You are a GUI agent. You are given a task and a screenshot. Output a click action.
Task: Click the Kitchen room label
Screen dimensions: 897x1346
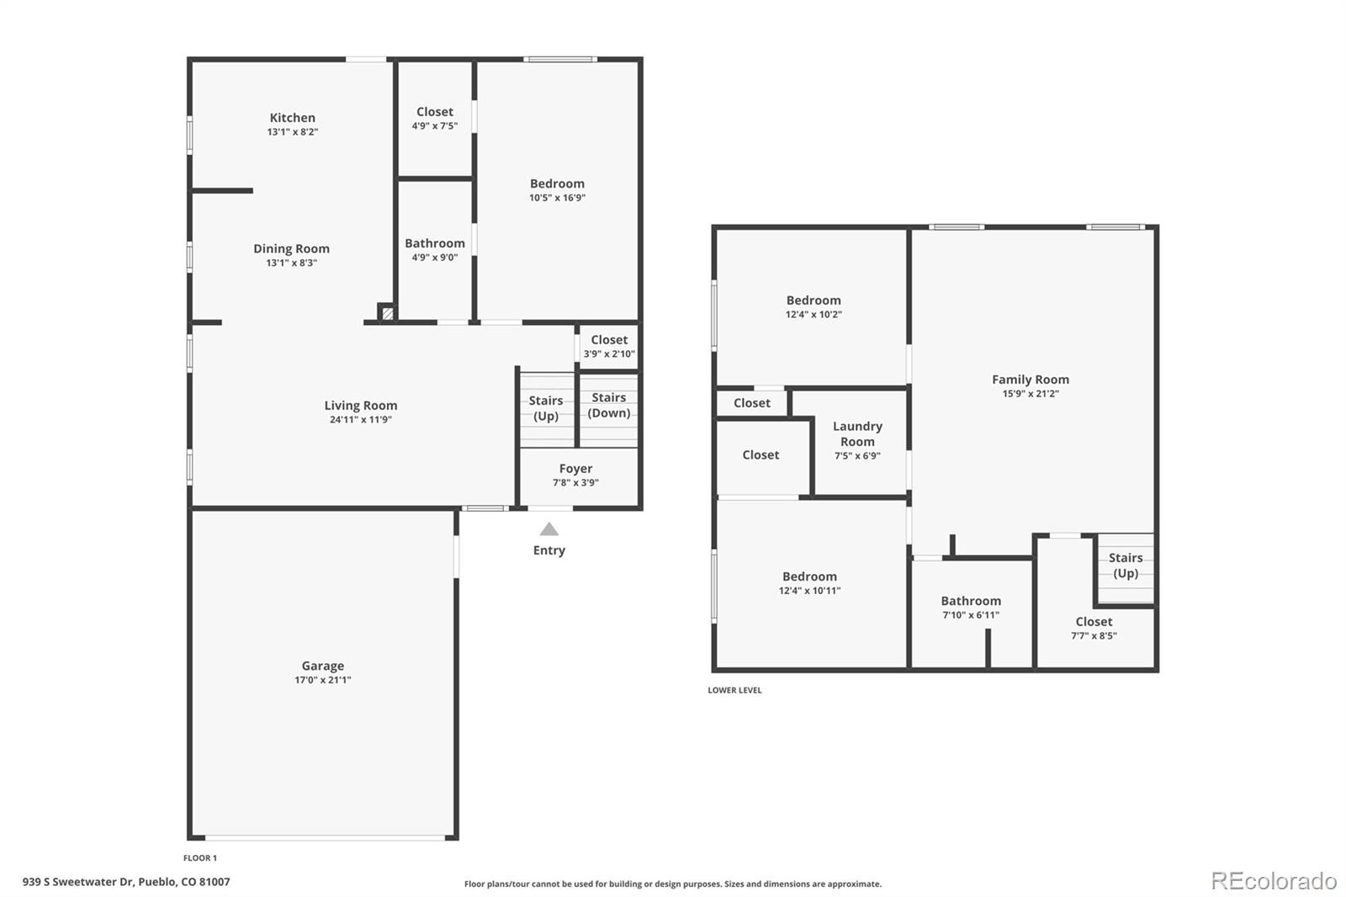[x=292, y=118]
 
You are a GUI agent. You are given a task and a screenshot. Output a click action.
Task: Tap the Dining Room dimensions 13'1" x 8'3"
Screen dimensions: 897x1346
[x=291, y=263]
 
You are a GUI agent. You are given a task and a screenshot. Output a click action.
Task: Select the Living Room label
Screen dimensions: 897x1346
[x=361, y=406]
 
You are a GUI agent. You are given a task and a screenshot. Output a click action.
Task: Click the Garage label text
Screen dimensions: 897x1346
[x=323, y=666]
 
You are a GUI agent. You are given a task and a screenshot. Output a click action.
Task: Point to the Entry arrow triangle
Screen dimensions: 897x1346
[x=548, y=529]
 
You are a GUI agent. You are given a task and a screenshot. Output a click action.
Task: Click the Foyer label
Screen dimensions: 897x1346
[x=575, y=469]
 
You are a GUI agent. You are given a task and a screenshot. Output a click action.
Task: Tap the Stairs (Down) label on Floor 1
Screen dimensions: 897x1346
[x=608, y=405]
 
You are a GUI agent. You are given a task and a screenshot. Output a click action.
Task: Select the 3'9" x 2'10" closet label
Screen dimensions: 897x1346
[x=609, y=353]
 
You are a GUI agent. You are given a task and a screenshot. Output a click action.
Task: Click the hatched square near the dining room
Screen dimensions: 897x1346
[x=387, y=313]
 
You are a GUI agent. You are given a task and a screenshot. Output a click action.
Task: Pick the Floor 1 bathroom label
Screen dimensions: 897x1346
[x=435, y=243]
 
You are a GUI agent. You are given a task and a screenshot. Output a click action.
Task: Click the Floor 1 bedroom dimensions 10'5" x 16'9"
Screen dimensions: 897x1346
[x=557, y=198]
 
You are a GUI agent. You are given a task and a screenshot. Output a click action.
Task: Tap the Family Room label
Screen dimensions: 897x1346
[x=1031, y=379]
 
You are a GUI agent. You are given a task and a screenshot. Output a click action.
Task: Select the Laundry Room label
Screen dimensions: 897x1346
[x=857, y=433]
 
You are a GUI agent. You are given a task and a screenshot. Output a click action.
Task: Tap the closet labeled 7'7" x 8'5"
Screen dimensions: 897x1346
[x=1094, y=628]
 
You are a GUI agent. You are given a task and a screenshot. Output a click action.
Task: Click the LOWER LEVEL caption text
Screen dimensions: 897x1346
[x=734, y=690]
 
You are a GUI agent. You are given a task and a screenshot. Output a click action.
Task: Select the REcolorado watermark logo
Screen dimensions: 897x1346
[x=1273, y=881]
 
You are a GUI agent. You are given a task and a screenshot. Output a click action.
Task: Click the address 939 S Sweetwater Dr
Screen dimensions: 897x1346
[x=126, y=882]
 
